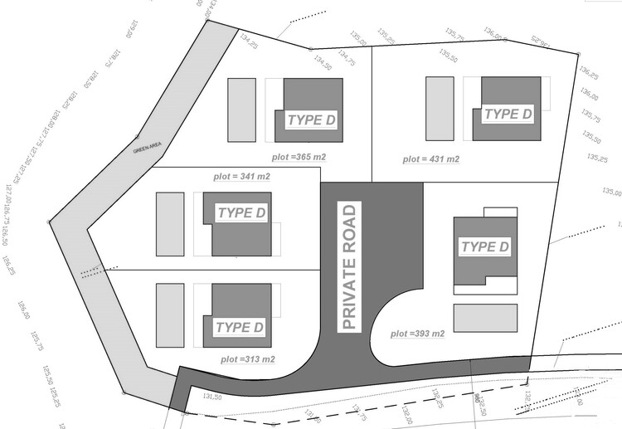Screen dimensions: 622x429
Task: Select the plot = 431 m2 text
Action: tap(431, 158)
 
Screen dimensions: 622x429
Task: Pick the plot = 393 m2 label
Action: tap(418, 334)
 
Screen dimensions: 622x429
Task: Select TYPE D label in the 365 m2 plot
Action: tap(311, 120)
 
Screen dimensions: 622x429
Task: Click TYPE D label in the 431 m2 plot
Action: tap(508, 114)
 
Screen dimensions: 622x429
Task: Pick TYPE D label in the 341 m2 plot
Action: tap(241, 213)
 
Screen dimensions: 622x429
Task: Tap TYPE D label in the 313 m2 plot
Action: tap(239, 327)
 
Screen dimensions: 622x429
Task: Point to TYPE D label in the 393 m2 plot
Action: tap(485, 246)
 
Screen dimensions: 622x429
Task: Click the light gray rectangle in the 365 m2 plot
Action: tap(241, 110)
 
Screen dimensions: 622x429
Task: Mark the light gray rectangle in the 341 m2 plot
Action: tap(170, 224)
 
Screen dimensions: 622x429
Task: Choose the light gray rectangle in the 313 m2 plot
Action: tap(170, 315)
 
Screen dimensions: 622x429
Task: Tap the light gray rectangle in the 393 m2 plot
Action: tap(485, 318)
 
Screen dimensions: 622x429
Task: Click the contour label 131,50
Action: tap(212, 397)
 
